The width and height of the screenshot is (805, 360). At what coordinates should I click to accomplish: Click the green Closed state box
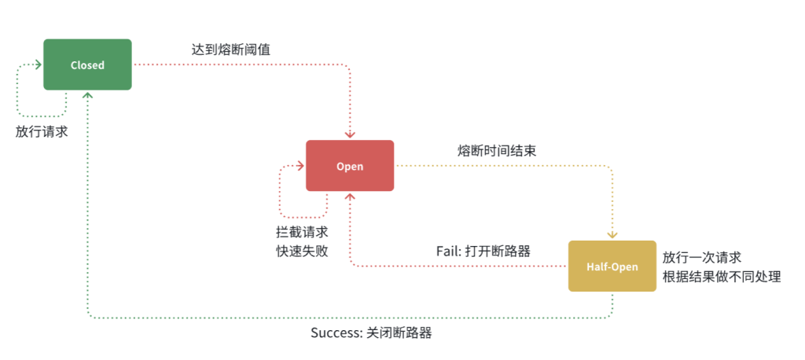click(x=87, y=64)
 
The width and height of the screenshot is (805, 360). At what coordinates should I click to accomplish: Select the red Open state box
click(x=350, y=166)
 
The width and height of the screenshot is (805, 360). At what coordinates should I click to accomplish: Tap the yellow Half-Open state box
click(x=612, y=266)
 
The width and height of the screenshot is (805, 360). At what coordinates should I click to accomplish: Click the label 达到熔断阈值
click(x=232, y=49)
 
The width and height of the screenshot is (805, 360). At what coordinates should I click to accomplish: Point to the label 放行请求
click(x=42, y=131)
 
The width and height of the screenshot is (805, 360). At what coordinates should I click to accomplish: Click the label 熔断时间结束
click(x=497, y=150)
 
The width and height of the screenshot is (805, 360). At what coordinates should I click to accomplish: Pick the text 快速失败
click(x=302, y=252)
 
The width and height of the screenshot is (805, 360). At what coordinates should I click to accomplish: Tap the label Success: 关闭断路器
click(x=371, y=332)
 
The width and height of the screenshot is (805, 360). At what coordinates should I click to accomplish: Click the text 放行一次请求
click(x=702, y=258)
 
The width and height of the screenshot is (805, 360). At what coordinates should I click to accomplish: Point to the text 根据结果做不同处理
click(x=722, y=277)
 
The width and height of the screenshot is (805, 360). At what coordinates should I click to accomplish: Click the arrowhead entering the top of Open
click(x=350, y=136)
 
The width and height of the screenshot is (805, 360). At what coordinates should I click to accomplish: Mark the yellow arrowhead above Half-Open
click(x=612, y=236)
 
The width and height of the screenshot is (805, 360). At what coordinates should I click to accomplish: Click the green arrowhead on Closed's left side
click(x=39, y=65)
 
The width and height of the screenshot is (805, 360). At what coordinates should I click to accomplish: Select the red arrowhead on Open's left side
click(x=301, y=166)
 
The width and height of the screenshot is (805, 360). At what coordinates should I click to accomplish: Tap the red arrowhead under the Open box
click(x=350, y=196)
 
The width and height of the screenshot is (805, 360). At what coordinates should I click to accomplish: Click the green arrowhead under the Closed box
click(x=87, y=94)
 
